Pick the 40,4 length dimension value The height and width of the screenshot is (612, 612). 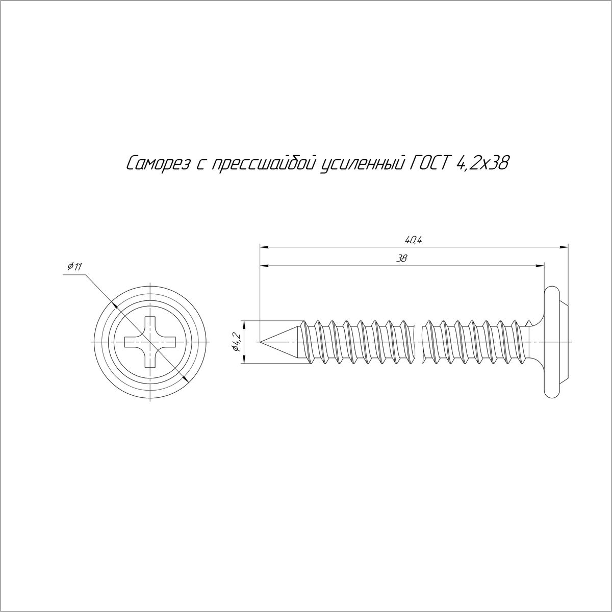click(414, 240)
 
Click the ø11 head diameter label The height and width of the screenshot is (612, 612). click(75, 266)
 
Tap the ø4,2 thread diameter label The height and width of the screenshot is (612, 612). click(236, 342)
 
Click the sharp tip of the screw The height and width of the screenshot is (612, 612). click(260, 342)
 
